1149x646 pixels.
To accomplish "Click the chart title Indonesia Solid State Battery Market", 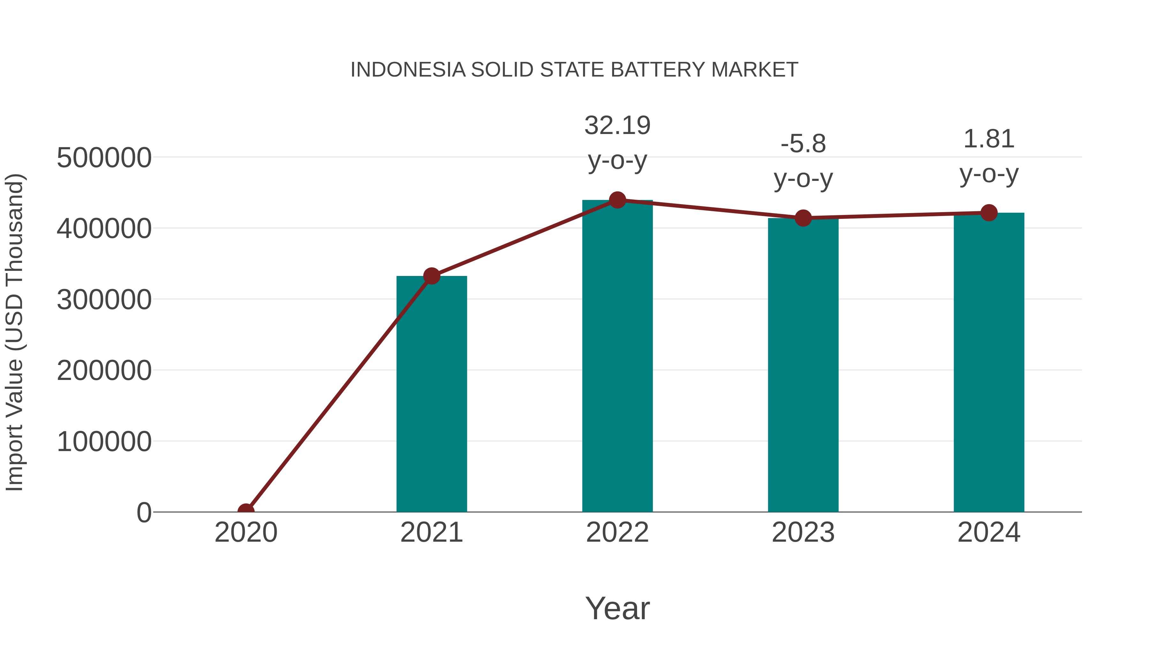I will tap(574, 70).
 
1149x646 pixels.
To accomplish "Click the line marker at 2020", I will tap(246, 511).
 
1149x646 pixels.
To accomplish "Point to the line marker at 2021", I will tap(431, 276).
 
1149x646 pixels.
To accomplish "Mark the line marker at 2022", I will tap(617, 200).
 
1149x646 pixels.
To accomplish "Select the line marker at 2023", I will tap(803, 218).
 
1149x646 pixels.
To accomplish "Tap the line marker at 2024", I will tap(989, 213).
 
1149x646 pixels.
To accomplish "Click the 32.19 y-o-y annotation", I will tap(617, 142).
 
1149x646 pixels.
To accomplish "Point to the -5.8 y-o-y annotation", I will tap(803, 161).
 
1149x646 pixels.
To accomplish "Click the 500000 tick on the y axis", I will tap(104, 158).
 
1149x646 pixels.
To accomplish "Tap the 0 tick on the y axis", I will tap(144, 513).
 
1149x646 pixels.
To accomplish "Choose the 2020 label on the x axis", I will tap(246, 532).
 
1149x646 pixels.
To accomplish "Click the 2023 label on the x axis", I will tap(803, 532).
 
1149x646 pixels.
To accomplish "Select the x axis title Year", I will tap(617, 608).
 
